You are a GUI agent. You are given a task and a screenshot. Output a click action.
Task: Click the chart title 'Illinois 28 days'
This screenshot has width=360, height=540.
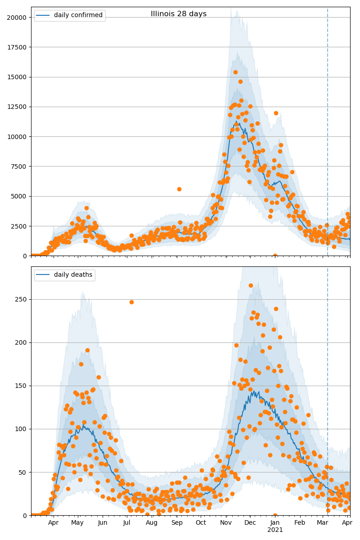pyautogui.click(x=179, y=14)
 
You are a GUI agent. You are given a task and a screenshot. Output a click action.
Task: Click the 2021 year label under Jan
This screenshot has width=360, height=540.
pyautogui.click(x=275, y=530)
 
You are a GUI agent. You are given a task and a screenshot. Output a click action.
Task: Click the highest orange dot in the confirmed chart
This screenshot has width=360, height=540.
pyautogui.click(x=235, y=72)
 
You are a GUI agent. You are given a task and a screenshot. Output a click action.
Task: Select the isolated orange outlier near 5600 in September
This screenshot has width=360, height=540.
pyautogui.click(x=179, y=189)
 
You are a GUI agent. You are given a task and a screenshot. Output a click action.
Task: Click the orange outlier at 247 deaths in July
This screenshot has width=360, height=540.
pyautogui.click(x=131, y=302)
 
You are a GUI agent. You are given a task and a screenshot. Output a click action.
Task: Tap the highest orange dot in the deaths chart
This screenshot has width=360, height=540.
pyautogui.click(x=251, y=285)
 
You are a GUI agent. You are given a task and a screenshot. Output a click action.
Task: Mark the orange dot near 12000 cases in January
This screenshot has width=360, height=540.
pyautogui.click(x=276, y=113)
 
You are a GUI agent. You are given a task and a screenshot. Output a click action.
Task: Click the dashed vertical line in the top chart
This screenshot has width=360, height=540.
pyautogui.click(x=328, y=135)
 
